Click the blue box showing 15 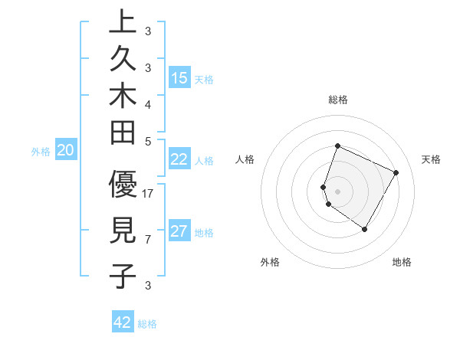click(x=179, y=77)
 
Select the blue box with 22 click(x=179, y=159)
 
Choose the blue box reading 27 click(x=179, y=231)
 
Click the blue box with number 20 click(x=66, y=150)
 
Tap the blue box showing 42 click(x=123, y=322)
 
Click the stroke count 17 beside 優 click(x=148, y=193)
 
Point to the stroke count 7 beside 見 click(x=148, y=240)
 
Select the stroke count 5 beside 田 click(x=148, y=141)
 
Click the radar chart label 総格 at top click(x=337, y=100)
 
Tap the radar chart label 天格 click(x=431, y=159)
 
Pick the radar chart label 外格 click(x=270, y=262)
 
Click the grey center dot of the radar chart click(x=337, y=191)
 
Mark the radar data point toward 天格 click(x=396, y=172)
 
